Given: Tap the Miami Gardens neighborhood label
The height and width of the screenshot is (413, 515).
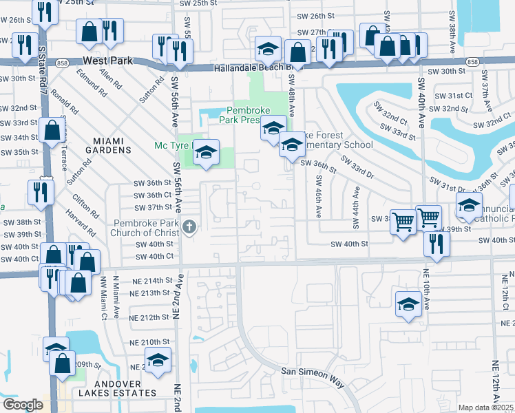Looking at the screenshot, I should [107, 145].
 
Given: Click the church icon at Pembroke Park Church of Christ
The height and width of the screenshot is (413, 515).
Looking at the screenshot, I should [188, 226].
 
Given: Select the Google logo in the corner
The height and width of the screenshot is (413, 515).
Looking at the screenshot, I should [22, 405].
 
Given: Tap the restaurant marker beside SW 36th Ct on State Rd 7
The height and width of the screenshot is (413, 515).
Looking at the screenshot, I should [41, 192].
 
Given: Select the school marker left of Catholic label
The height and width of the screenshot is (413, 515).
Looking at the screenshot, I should [470, 205].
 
